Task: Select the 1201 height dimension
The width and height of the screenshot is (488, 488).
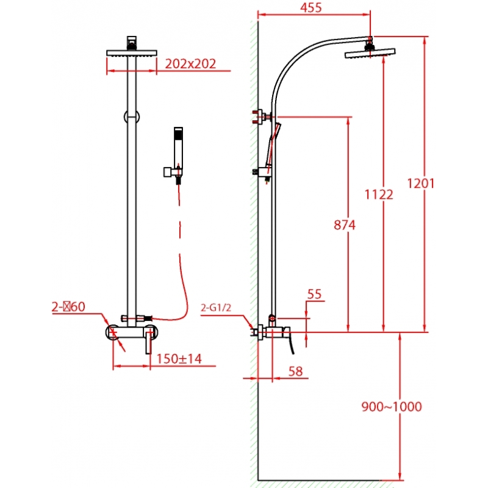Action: tap(420, 183)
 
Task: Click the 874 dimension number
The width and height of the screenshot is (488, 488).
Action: tap(344, 225)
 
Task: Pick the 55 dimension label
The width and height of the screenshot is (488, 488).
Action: tap(314, 295)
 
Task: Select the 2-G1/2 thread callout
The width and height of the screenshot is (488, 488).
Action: tap(215, 308)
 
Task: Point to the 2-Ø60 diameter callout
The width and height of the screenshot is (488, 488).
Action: tap(68, 307)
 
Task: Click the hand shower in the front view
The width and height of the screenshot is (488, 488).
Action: tap(178, 146)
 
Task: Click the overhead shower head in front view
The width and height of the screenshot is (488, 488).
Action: tap(132, 53)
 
